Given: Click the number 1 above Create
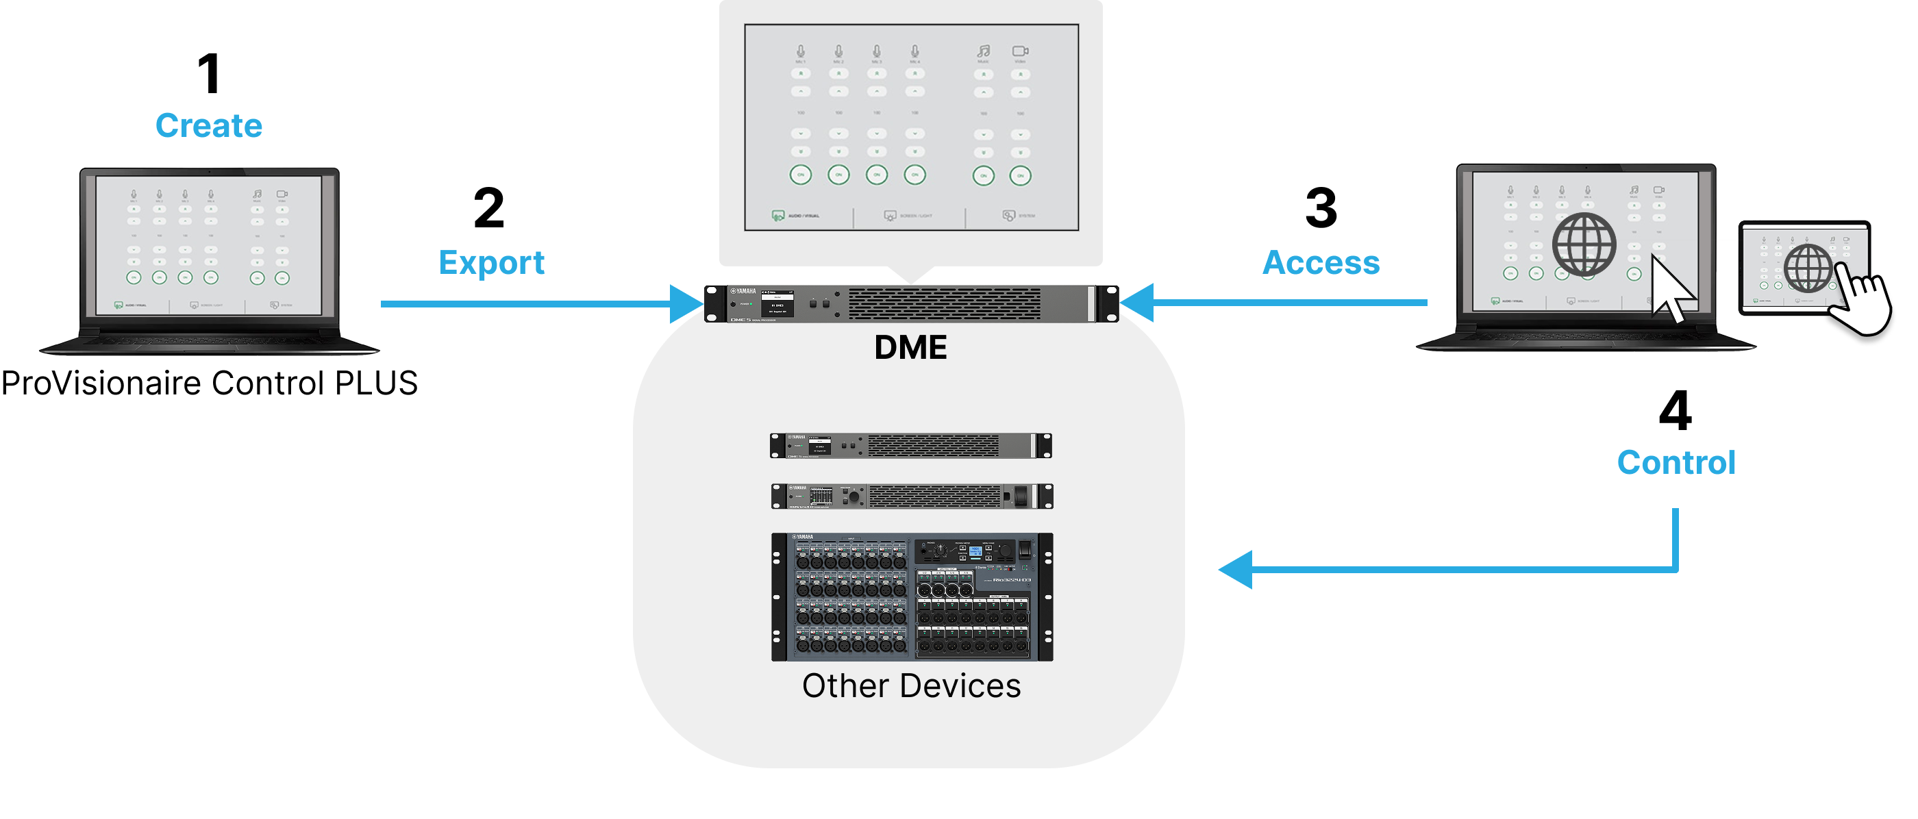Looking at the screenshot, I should [x=208, y=75].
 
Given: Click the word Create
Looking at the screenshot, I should [x=208, y=125].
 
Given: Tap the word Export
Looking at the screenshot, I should [x=491, y=263].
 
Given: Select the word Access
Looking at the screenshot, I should [x=1321, y=263].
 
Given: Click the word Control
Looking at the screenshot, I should [x=1676, y=462].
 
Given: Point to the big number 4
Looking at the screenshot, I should [x=1676, y=410].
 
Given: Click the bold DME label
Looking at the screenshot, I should [x=910, y=348].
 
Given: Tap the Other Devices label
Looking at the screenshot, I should [x=910, y=685].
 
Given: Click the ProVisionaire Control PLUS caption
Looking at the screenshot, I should [x=209, y=383].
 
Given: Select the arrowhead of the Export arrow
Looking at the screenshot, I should [x=686, y=304].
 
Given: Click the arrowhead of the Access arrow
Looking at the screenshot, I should [x=1138, y=302].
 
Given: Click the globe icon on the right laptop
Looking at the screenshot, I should [x=1584, y=244].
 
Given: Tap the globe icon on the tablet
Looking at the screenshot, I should [x=1808, y=268].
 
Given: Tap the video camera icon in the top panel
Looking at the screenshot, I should [x=1020, y=51].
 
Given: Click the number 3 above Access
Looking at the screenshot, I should [x=1321, y=208].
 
